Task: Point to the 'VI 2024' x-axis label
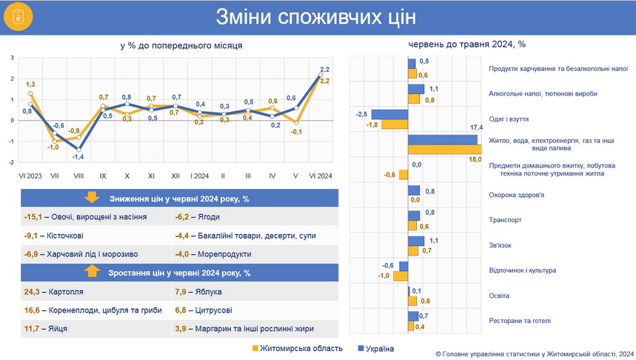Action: coord(320,176)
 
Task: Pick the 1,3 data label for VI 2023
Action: coord(30,84)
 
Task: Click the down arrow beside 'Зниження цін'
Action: coord(92,197)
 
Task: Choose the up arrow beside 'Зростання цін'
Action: coord(92,272)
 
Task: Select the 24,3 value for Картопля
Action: coord(33,292)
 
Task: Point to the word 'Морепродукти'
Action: coord(224,254)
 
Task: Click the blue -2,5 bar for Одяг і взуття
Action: coord(389,114)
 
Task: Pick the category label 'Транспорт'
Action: coord(506,219)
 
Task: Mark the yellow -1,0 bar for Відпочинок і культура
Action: coord(401,276)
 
